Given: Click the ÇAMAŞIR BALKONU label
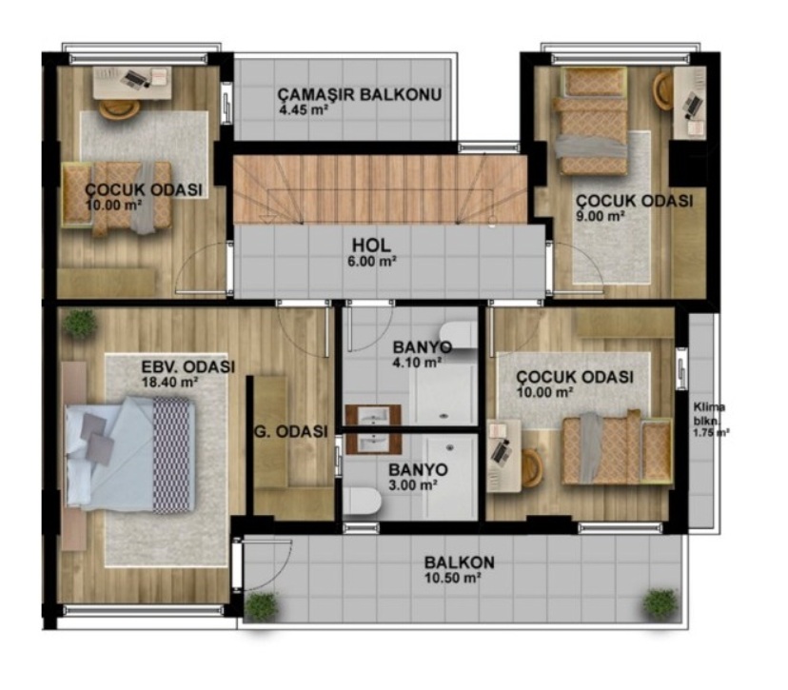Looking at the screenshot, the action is pyautogui.click(x=360, y=94).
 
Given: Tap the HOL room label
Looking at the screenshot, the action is pyautogui.click(x=371, y=246).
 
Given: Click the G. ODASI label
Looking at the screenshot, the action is pyautogui.click(x=291, y=431).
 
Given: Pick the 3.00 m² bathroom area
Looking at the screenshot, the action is pyautogui.click(x=413, y=485).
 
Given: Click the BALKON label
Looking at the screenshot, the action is pyautogui.click(x=460, y=562).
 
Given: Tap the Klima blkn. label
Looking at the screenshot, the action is pyautogui.click(x=710, y=414).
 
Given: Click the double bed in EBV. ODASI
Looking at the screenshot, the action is pyautogui.click(x=130, y=454).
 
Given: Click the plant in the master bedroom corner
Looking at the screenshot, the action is pyautogui.click(x=79, y=323).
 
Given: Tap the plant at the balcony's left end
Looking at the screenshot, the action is pyautogui.click(x=262, y=606).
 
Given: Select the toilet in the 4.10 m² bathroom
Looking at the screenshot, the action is pyautogui.click(x=459, y=334).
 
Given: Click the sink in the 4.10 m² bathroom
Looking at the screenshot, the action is pyautogui.click(x=372, y=416).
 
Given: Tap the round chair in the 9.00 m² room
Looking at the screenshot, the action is pyautogui.click(x=663, y=90).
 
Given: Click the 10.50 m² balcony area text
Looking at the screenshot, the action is pyautogui.click(x=452, y=578).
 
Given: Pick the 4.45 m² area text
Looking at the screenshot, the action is pyautogui.click(x=304, y=109).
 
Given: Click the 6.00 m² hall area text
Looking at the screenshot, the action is pyautogui.click(x=371, y=262).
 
